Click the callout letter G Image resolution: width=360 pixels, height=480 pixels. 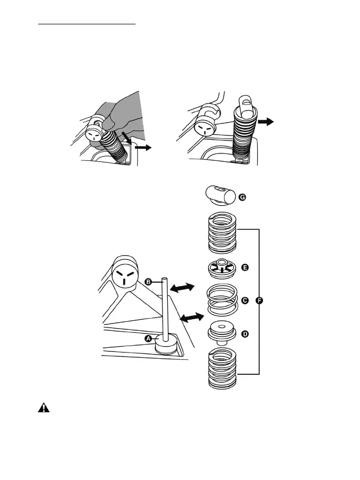pos(242,197)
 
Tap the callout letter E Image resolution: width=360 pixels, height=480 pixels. pos(245,268)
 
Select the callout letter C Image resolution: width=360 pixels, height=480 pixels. pos(245,300)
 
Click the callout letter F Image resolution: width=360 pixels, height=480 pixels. pos(259,300)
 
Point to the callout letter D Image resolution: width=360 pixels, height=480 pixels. pos(245,334)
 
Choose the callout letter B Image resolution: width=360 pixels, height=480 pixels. pos(149,283)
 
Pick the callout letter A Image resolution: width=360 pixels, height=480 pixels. pos(148,338)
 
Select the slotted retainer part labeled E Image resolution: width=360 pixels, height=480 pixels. pos(221,269)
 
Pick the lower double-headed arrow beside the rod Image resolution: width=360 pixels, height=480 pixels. pos(191,318)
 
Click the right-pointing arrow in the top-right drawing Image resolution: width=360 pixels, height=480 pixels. pos(268,122)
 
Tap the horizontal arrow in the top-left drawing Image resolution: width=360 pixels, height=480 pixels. pos(143,149)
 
